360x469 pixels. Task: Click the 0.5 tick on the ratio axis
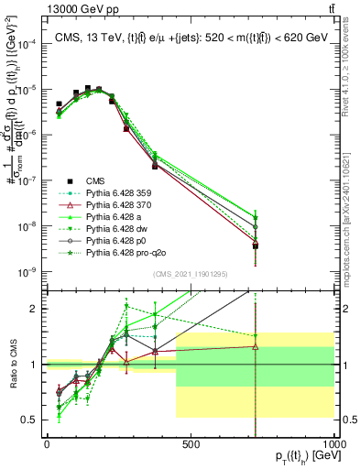31,420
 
